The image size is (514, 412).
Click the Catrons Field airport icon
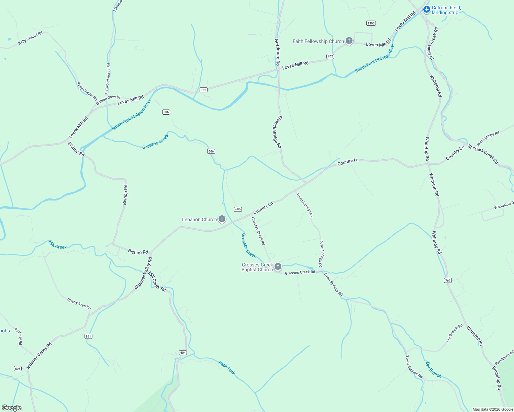click(427, 9)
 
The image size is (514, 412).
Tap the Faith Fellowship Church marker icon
click(349, 41)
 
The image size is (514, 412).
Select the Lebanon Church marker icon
click(222, 219)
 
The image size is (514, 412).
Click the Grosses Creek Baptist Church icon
click(278, 267)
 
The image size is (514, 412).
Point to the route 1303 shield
click(371, 23)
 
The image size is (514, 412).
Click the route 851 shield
click(88, 336)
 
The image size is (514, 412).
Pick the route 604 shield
click(183, 353)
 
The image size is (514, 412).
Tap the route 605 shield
click(18, 368)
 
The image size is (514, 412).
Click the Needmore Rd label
click(278, 52)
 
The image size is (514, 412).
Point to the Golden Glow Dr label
click(108, 100)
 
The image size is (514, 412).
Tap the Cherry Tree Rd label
click(79, 304)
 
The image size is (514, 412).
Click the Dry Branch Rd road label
click(454, 333)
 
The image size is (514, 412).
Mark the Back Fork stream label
click(227, 367)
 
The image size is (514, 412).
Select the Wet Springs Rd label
click(488, 138)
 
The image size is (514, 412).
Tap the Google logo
click(11, 408)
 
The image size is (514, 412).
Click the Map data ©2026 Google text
click(493, 409)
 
